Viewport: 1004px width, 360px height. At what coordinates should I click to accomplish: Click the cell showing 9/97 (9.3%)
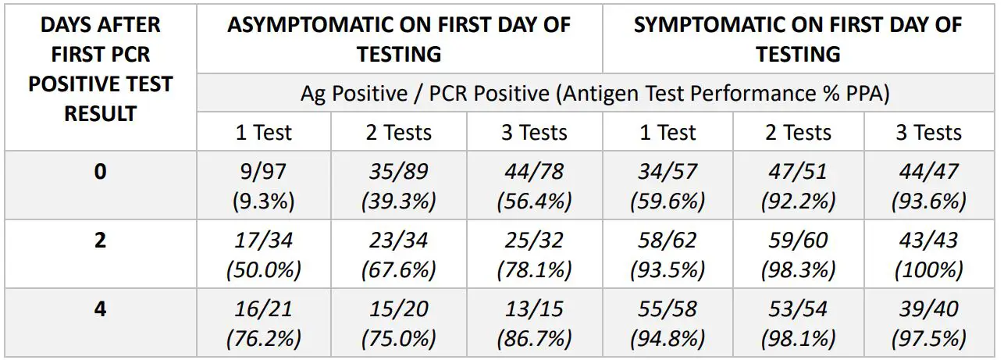click(x=263, y=185)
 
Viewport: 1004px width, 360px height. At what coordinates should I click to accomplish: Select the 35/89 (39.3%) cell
click(x=398, y=185)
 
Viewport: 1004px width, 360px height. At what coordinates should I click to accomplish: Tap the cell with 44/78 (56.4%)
click(x=534, y=185)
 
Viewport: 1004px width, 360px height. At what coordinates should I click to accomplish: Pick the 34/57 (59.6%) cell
click(x=668, y=185)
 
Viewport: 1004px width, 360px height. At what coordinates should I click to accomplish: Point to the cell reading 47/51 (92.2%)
click(x=798, y=185)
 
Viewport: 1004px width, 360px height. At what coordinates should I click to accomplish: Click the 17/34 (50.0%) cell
click(x=263, y=254)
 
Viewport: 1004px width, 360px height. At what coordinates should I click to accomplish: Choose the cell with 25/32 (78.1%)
click(x=534, y=254)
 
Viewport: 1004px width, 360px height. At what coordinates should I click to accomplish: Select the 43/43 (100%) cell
click(x=928, y=254)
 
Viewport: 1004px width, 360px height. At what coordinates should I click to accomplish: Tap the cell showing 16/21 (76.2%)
click(x=263, y=323)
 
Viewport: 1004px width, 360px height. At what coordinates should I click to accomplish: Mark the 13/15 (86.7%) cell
click(x=534, y=323)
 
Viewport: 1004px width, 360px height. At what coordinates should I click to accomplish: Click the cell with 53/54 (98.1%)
click(x=798, y=323)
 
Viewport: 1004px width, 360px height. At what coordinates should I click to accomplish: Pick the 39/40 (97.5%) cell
click(x=928, y=323)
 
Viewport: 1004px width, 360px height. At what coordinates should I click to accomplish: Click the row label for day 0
click(x=100, y=171)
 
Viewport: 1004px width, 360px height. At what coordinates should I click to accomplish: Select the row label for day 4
click(x=100, y=308)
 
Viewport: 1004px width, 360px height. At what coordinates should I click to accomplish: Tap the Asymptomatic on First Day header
click(x=399, y=39)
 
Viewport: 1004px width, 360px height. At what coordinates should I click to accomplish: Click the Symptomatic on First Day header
click(x=798, y=39)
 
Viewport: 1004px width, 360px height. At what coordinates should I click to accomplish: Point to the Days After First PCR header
click(x=100, y=69)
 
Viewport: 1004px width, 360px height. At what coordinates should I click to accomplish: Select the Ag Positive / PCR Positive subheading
click(x=595, y=93)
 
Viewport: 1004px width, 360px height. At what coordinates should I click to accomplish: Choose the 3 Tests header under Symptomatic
click(x=928, y=132)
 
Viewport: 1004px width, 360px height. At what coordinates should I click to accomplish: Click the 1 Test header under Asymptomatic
click(x=263, y=132)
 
